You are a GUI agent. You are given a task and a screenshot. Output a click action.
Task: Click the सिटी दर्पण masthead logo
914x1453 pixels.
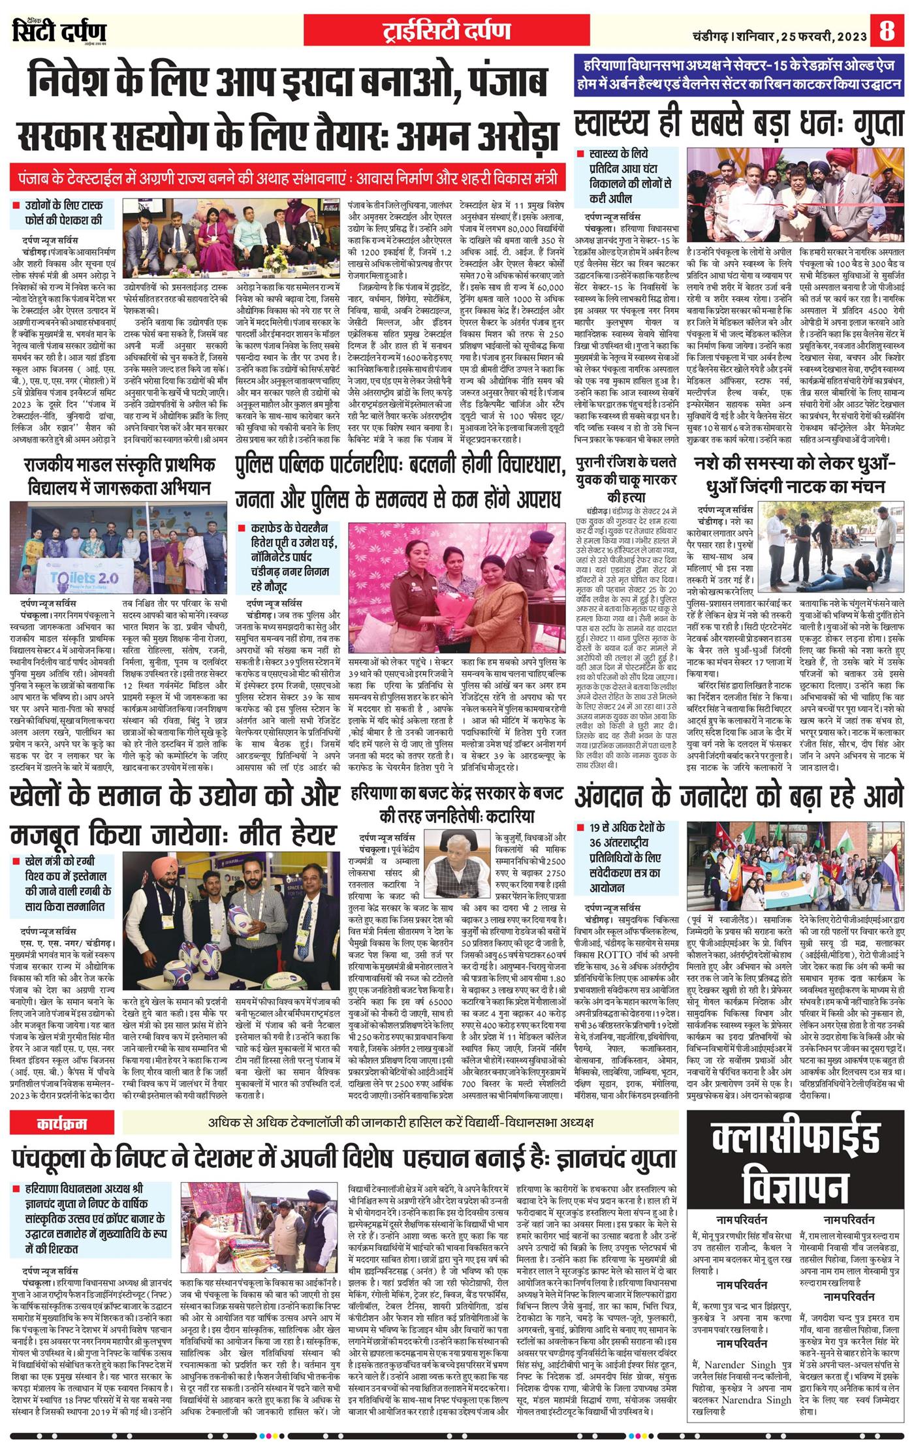point(59,32)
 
